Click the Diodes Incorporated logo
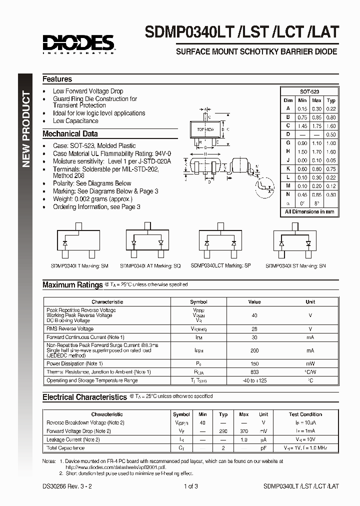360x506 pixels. click(78, 43)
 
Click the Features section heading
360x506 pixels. click(57, 79)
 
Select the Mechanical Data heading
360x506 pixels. click(70, 133)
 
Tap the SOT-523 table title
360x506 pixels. click(309, 92)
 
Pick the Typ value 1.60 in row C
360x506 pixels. click(330, 126)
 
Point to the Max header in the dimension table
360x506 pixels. click(316, 100)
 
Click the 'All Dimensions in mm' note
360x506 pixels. click(309, 211)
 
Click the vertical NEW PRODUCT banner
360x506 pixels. click(27, 129)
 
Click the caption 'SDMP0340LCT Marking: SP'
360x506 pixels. click(220, 266)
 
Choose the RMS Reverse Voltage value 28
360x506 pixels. click(254, 329)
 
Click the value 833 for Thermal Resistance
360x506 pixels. click(254, 372)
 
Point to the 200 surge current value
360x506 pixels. click(254, 350)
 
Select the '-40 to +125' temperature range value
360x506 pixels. click(254, 380)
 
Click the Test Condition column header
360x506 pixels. click(305, 414)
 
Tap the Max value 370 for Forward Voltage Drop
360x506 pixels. click(243, 431)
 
